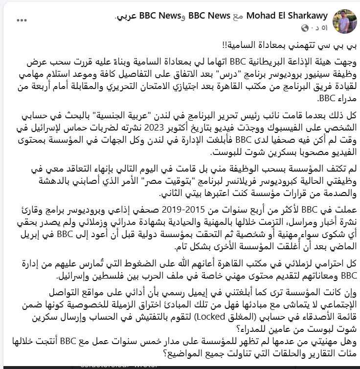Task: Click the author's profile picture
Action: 344,21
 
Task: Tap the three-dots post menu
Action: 22,20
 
